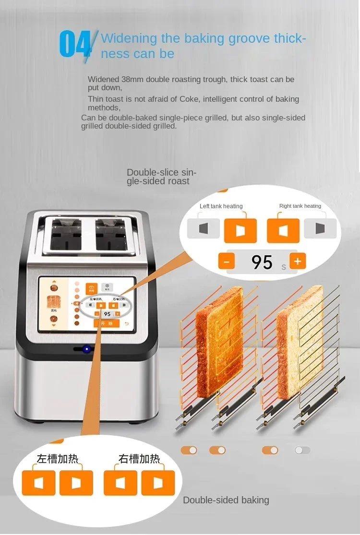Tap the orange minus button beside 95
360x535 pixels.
(227, 262)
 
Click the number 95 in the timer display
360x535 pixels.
(262, 262)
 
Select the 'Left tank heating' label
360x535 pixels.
(221, 206)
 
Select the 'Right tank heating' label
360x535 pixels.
(300, 206)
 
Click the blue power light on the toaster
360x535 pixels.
(87, 349)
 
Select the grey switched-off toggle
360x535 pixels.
(302, 450)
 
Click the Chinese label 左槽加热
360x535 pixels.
(58, 459)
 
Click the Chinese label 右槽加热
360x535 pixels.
(139, 459)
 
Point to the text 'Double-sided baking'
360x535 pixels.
(226, 500)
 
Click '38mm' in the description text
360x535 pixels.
(132, 79)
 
